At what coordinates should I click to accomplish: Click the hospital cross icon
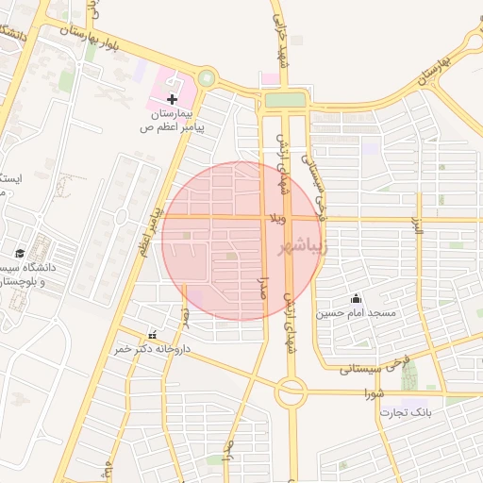click(172, 98)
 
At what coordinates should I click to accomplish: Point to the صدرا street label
click(264, 284)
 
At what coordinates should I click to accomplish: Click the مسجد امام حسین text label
click(358, 312)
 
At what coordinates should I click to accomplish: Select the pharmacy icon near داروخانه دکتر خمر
click(153, 335)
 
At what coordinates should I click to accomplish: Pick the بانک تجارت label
click(406, 412)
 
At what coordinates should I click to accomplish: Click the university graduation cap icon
click(20, 253)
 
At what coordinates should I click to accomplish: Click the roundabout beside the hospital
click(207, 79)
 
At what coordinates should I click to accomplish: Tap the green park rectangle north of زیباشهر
click(285, 100)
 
